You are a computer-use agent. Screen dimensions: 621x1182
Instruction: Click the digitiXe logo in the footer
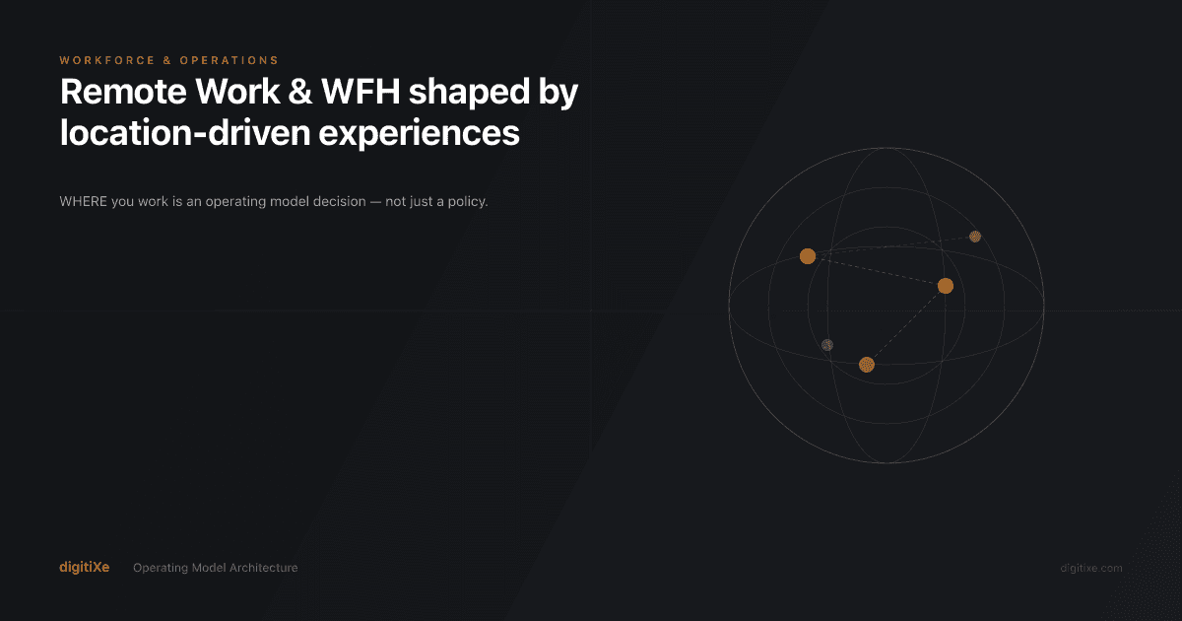(84, 568)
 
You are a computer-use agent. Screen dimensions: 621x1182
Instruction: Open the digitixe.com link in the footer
(1090, 568)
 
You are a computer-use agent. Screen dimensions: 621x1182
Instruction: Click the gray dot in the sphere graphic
(827, 345)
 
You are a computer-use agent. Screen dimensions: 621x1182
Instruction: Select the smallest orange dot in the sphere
(975, 237)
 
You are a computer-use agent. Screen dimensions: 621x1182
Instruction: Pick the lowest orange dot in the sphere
(867, 365)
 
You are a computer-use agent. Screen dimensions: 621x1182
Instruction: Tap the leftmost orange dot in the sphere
(808, 256)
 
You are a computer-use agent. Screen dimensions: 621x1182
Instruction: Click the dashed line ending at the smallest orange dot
(891, 246)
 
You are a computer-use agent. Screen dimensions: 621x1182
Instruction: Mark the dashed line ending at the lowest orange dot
(906, 325)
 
